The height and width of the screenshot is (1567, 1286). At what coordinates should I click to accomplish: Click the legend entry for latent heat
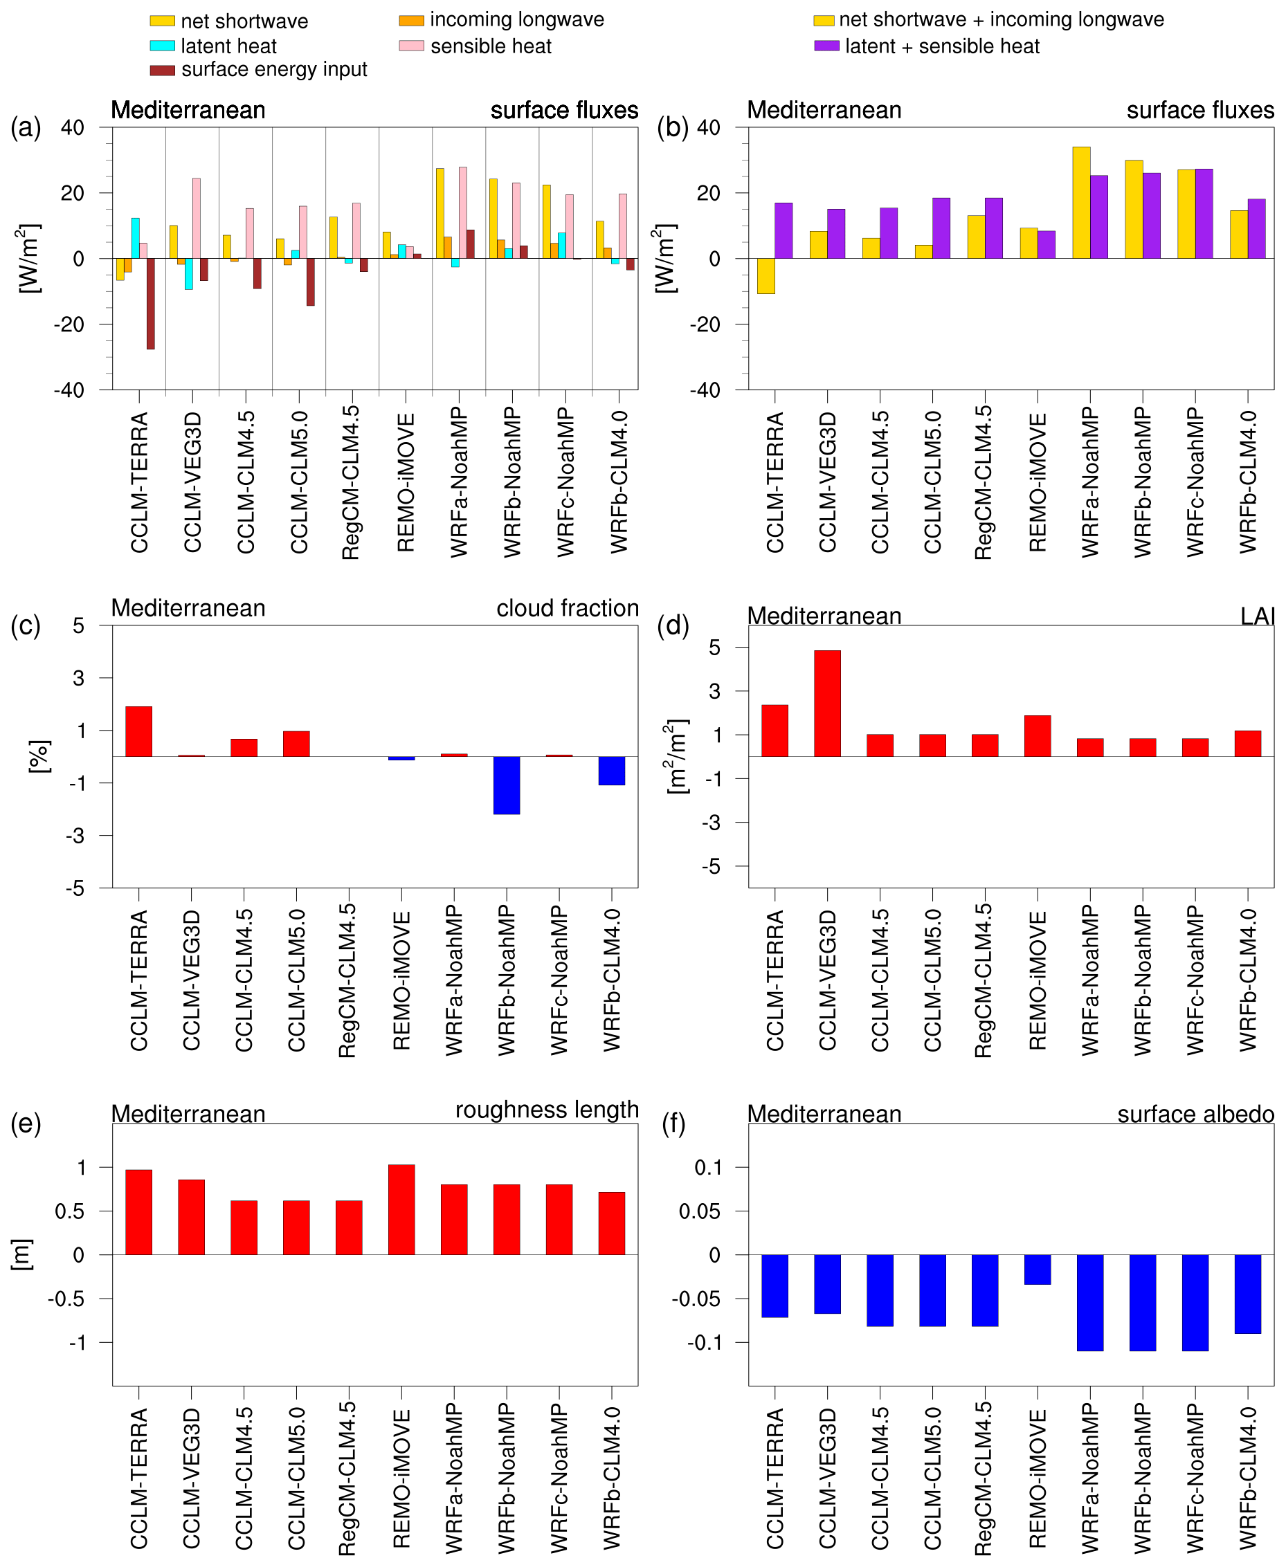[x=228, y=46]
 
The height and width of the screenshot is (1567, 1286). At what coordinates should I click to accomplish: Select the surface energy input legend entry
[x=273, y=70]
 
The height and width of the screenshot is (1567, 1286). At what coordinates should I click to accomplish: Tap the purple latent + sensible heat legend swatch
[x=826, y=46]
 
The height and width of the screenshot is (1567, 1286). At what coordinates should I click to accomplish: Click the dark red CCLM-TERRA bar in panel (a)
[x=150, y=304]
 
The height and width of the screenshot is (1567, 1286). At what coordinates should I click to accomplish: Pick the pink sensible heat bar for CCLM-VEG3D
[x=197, y=218]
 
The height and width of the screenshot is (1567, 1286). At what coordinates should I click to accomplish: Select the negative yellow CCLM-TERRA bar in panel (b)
[x=766, y=276]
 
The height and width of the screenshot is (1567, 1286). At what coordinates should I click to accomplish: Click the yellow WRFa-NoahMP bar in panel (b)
[x=1081, y=202]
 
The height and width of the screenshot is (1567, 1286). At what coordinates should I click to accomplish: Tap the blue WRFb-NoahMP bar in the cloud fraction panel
[x=507, y=785]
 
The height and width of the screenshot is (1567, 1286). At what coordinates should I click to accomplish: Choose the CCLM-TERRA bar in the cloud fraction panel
[x=138, y=731]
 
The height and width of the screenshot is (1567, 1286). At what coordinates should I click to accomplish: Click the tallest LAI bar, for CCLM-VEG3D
[x=826, y=703]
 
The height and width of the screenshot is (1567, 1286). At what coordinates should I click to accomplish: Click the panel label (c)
[x=25, y=626]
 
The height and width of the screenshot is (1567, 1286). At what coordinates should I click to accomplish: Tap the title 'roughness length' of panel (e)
[x=547, y=1110]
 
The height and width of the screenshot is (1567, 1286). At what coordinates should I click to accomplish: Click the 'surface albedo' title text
[x=1195, y=1114]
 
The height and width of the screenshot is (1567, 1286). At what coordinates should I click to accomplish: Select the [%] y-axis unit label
[x=39, y=756]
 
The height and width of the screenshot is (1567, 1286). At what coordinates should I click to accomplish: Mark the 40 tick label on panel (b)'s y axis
[x=708, y=127]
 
